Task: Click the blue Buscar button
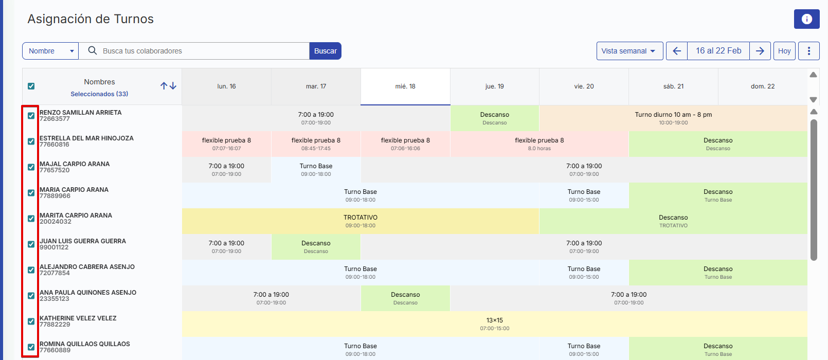coord(325,51)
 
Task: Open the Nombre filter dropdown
coord(50,51)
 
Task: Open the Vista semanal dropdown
coord(629,51)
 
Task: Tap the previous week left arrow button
coord(677,51)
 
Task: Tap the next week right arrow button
coord(760,51)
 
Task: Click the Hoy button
coord(784,51)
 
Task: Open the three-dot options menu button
coord(808,51)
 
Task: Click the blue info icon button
coord(806,19)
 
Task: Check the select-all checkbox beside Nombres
coord(31,86)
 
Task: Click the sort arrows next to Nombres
coord(168,86)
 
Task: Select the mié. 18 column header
coord(405,86)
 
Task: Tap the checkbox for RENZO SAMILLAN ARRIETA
coord(31,116)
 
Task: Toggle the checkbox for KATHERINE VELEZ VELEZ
coord(31,321)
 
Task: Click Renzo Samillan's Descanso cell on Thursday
coord(494,118)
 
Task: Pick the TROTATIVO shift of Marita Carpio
coord(360,221)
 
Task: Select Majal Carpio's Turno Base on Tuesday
coord(316,170)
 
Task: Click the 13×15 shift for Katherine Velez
coord(494,324)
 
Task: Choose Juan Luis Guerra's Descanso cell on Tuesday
coord(316,247)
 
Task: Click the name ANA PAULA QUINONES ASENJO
coord(88,293)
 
